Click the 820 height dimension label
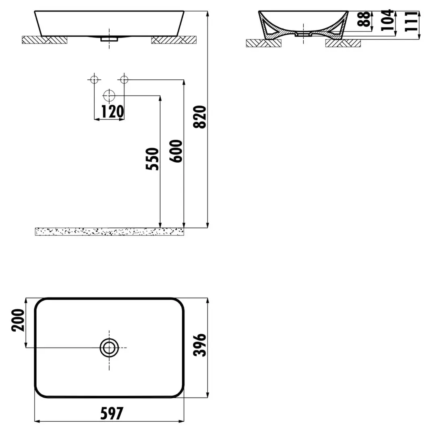[x=200, y=117]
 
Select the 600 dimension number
[x=176, y=151]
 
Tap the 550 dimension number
[x=153, y=159]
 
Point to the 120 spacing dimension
[x=113, y=112]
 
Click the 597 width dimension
[x=112, y=414]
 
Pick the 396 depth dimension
[x=200, y=345]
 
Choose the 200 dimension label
[x=18, y=320]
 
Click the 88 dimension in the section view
[x=364, y=19]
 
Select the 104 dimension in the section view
[x=387, y=20]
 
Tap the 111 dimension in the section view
[x=411, y=22]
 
